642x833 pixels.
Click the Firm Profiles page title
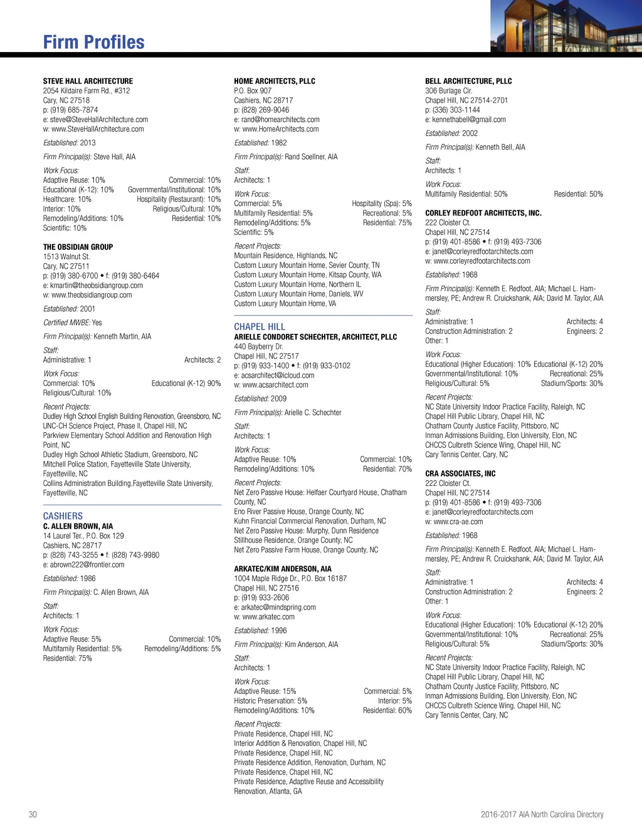click(x=93, y=42)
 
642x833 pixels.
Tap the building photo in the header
click(x=566, y=26)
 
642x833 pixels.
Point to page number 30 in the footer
click(x=33, y=814)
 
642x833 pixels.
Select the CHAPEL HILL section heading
click(x=260, y=326)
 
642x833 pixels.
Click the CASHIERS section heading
click(x=63, y=515)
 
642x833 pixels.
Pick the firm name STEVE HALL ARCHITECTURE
click(x=88, y=81)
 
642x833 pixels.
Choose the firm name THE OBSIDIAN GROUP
click(x=78, y=247)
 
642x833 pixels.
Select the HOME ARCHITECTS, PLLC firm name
click(x=275, y=81)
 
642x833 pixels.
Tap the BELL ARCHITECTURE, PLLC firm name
click(x=468, y=81)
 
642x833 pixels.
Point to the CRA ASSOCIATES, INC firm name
click(x=460, y=473)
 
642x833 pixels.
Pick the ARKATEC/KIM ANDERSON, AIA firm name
click(x=283, y=569)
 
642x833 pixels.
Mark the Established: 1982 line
click(x=260, y=143)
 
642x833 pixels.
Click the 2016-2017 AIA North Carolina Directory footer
click(x=542, y=814)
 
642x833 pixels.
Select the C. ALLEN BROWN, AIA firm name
click(x=78, y=526)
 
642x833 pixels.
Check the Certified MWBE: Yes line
click(x=72, y=323)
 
